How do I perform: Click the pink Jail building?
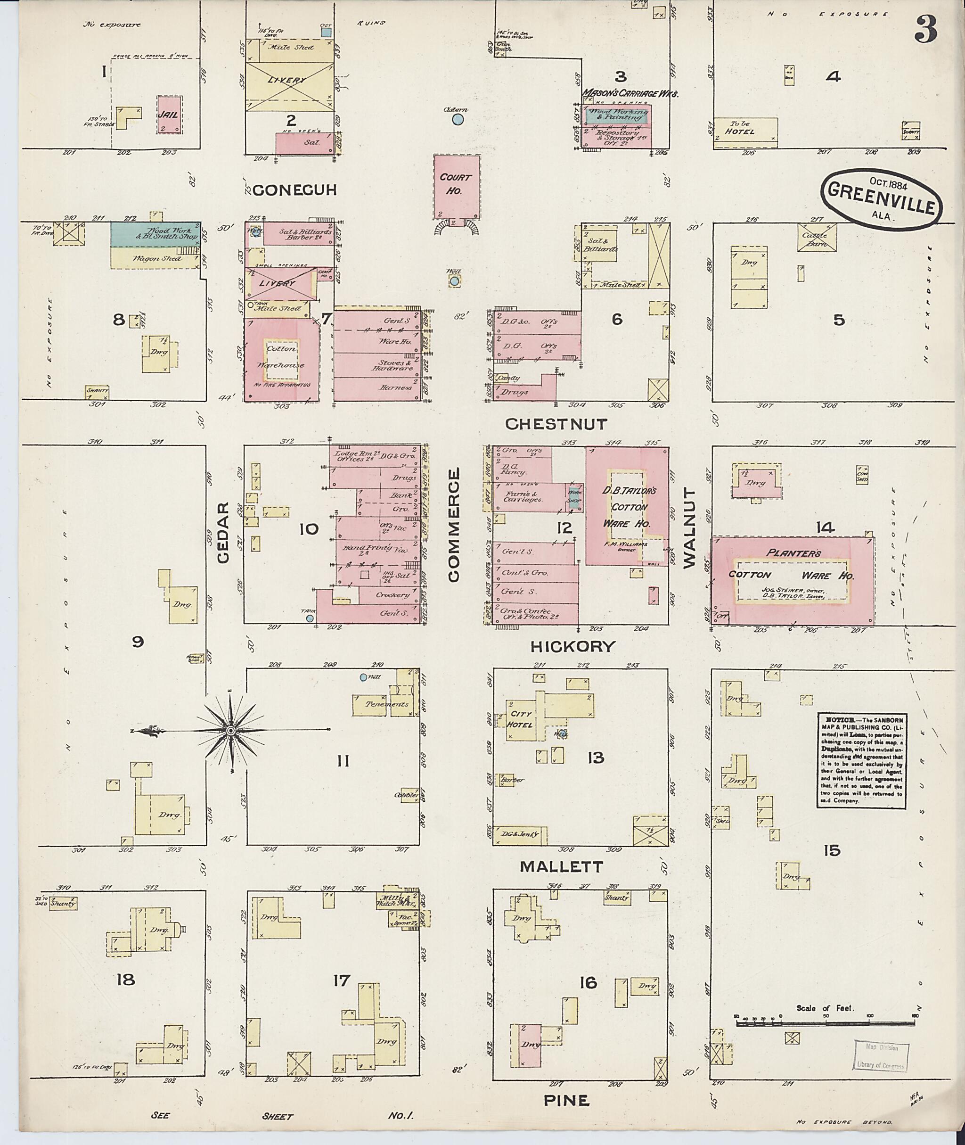[x=170, y=115]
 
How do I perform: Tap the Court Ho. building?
[x=457, y=186]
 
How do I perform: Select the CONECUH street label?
[x=294, y=190]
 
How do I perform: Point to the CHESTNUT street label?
[x=556, y=424]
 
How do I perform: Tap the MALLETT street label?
[x=561, y=866]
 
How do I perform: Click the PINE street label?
[x=566, y=1100]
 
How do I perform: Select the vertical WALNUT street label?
[x=689, y=528]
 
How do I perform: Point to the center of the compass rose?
[x=231, y=730]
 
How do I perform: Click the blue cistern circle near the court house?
[x=458, y=119]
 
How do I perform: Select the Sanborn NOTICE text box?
[x=860, y=758]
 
